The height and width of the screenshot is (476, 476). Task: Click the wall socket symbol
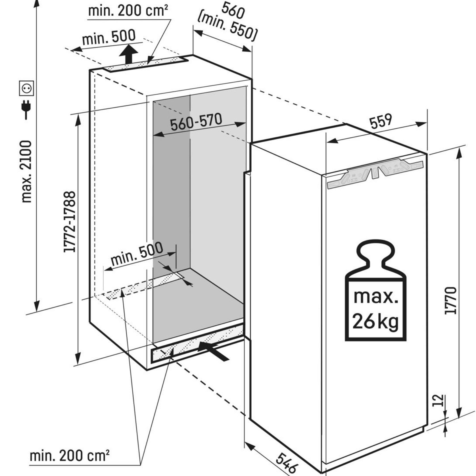26,88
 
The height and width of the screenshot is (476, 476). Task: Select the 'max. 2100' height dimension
27,171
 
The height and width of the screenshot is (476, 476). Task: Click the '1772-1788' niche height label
70,222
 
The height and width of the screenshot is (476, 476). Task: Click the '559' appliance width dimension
381,121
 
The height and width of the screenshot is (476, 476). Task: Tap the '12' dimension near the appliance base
439,400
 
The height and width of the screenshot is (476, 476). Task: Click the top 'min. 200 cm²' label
128,11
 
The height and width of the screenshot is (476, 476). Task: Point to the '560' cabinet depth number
233,10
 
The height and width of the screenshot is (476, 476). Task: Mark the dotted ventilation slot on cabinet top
143,65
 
